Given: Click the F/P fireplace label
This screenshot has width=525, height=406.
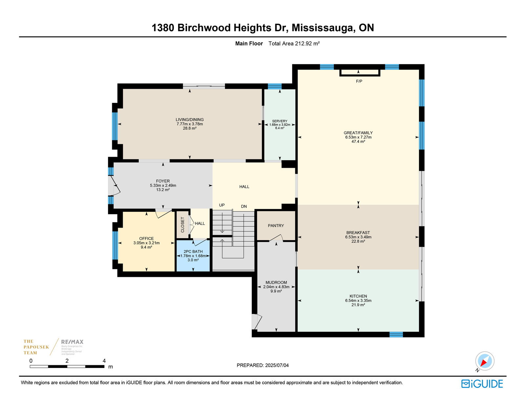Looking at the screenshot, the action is [x=359, y=81].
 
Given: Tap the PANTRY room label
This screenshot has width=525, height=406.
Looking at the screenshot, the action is [x=276, y=226].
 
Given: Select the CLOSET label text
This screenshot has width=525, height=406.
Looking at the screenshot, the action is [x=182, y=225].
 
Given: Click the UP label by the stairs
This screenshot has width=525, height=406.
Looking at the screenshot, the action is [x=221, y=205].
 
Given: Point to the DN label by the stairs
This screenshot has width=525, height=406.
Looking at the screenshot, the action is [x=244, y=206].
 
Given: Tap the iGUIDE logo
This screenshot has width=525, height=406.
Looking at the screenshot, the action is [x=482, y=384].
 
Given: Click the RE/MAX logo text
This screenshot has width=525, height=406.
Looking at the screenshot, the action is [x=72, y=342].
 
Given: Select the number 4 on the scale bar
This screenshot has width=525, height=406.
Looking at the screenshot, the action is [x=104, y=361].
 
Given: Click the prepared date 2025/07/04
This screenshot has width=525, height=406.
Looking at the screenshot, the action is [x=277, y=365].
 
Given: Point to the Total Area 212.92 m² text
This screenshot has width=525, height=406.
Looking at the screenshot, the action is [x=294, y=44].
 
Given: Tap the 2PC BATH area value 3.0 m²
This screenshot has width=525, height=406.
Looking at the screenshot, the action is [x=193, y=260].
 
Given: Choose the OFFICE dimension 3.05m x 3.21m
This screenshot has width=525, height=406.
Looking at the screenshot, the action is [x=146, y=243].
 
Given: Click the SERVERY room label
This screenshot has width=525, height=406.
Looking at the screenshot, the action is [x=280, y=121].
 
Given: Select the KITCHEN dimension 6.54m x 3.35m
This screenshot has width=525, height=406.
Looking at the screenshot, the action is [x=358, y=301].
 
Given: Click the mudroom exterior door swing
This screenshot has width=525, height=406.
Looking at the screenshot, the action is [x=257, y=321].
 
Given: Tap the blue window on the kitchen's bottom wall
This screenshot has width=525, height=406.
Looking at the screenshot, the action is [x=396, y=334].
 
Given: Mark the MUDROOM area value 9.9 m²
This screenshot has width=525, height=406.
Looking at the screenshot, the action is [x=276, y=291].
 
